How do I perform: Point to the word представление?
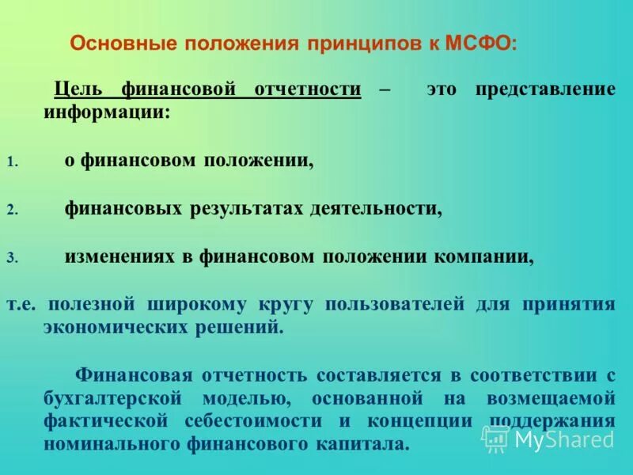544,89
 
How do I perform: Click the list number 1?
11,162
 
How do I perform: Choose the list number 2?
11,211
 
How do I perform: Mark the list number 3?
11,258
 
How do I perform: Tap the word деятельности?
376,209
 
